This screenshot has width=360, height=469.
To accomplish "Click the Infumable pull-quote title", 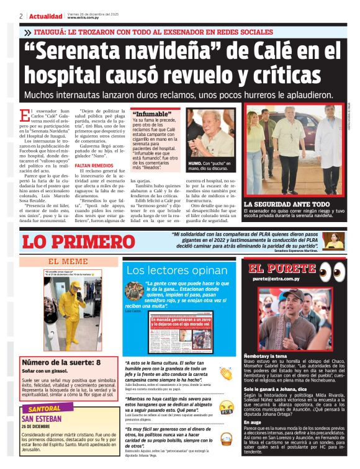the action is tap(152, 115).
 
